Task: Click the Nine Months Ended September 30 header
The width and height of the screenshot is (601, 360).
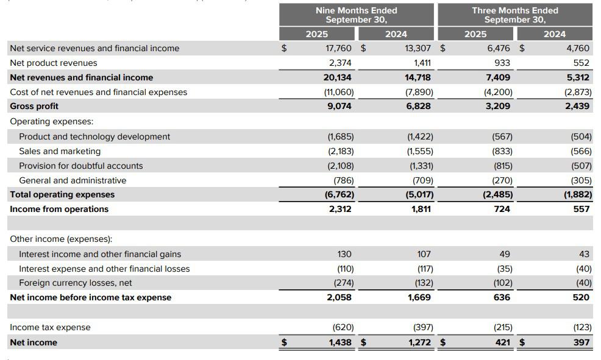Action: (x=356, y=15)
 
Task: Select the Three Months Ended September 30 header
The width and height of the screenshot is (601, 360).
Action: (x=514, y=15)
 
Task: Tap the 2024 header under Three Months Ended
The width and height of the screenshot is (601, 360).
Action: (x=554, y=34)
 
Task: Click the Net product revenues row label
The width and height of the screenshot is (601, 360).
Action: (x=54, y=63)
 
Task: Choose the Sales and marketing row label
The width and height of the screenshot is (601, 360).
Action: (x=60, y=151)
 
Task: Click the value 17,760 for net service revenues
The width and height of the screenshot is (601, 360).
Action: (x=339, y=48)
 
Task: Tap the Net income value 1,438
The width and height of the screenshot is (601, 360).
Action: (x=340, y=342)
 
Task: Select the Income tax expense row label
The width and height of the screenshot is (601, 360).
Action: (x=50, y=327)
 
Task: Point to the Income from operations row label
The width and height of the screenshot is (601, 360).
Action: (x=59, y=209)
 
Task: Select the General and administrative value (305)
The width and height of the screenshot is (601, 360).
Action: (x=581, y=180)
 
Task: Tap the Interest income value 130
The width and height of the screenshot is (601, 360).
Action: (x=344, y=254)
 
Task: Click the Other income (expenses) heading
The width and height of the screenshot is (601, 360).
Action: (x=61, y=239)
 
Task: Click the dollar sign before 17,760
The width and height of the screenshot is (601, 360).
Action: (x=283, y=48)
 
